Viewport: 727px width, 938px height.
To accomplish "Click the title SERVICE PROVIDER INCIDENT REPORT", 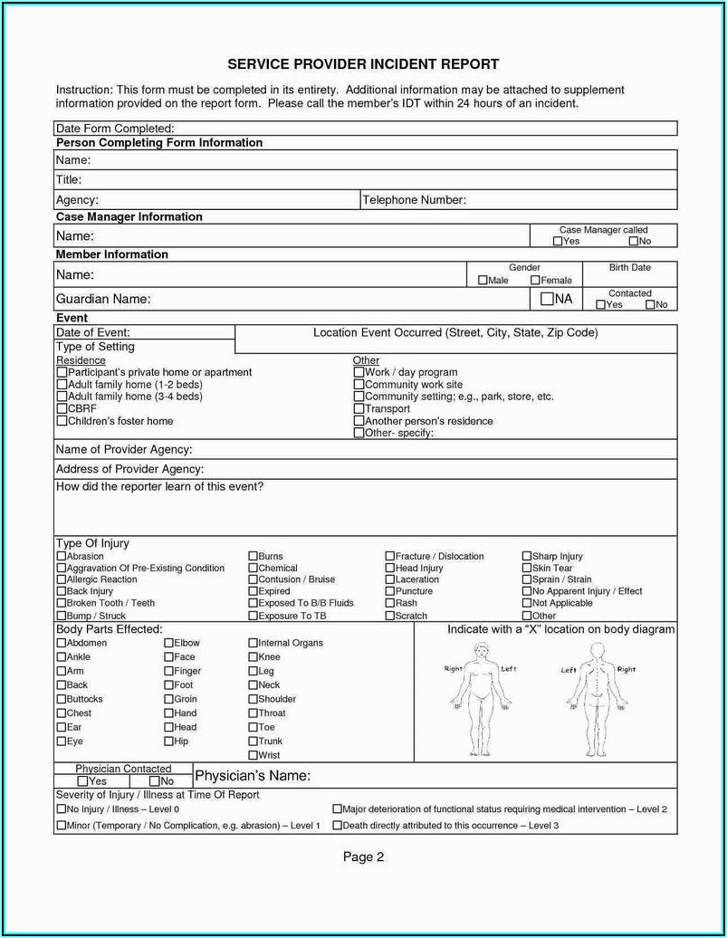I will pos(363,65).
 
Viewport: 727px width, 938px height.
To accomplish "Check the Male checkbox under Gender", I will pos(483,281).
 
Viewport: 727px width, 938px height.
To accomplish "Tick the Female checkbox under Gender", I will pos(535,281).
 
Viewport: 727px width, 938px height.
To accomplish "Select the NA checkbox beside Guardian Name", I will pos(547,299).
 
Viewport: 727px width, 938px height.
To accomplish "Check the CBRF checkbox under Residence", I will pos(62,409).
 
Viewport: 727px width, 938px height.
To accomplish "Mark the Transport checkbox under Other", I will pos(359,409).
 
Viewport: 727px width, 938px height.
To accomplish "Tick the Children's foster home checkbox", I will pos(62,421).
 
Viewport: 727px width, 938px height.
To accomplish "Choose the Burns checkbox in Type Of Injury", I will pos(253,557).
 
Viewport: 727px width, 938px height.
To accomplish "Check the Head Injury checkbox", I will pos(390,569).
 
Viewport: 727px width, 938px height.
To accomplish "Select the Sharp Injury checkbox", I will pos(527,557).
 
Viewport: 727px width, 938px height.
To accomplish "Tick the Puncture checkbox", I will pos(390,592).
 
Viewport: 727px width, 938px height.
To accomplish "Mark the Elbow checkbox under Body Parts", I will pos(168,644).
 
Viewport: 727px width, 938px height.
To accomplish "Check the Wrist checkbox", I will pos(253,755).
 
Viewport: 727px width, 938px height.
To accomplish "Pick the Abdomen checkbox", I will pos(62,644).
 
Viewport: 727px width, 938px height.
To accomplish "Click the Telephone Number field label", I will pos(414,200).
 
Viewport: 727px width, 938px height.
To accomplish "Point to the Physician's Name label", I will pos(253,776).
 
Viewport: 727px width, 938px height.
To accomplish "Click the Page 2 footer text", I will pos(364,857).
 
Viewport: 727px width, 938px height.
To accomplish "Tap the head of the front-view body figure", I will pos(480,650).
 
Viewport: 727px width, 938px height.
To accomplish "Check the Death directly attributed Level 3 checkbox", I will pos(337,826).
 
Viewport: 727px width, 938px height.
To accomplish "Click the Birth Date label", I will pos(629,268).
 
